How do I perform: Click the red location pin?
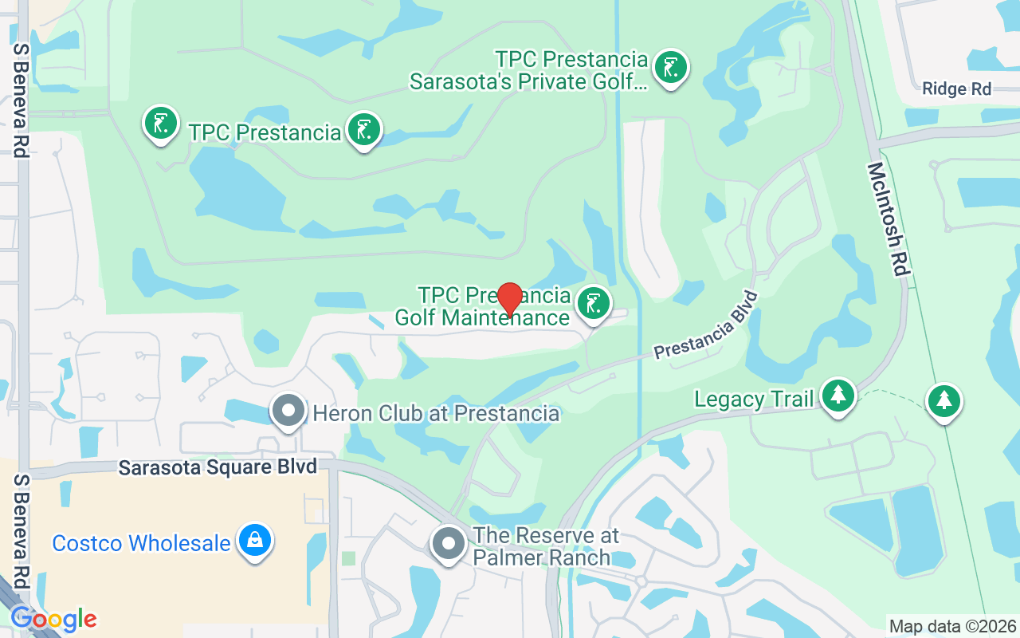pos(510,300)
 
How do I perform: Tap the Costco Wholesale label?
pos(141,544)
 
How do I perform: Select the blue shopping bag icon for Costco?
pos(254,541)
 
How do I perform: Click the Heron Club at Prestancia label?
pos(436,413)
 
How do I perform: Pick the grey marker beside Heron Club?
pos(288,412)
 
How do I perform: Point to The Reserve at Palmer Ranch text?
pos(546,545)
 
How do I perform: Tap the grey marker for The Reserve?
pos(448,544)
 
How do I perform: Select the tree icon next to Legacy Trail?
pos(838,395)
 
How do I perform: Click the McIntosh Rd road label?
pos(889,219)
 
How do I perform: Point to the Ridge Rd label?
pos(956,89)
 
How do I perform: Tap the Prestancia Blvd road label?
pos(705,325)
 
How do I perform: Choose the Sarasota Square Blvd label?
pos(218,467)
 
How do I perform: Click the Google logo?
pos(53,619)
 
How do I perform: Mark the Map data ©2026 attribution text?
pos(952,626)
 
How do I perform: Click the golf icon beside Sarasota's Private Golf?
pos(671,69)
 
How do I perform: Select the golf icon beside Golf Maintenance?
pos(593,305)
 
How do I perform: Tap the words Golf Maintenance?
pos(482,317)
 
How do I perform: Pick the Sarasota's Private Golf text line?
pos(528,81)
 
